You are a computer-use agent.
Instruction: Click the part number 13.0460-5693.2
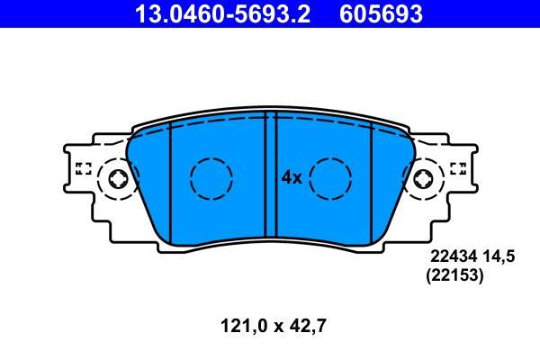point(223,14)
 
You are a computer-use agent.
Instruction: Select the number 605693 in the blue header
point(381,14)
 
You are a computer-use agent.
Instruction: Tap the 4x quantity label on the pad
point(292,178)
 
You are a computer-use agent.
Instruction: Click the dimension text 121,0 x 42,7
point(273,326)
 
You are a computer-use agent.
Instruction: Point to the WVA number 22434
point(454,256)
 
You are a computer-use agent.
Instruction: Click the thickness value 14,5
point(499,256)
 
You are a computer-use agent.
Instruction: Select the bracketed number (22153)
point(454,275)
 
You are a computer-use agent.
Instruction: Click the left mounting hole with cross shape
point(118,179)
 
